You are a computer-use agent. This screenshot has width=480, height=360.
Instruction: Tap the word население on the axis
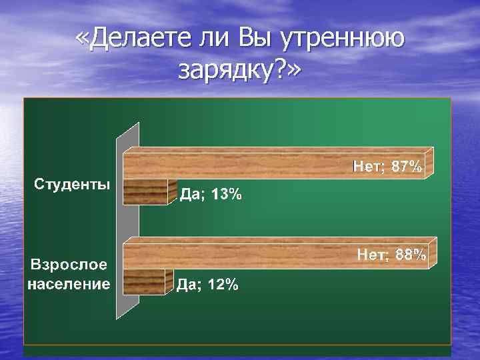coord(69,285)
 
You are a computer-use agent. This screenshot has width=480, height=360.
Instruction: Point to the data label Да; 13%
coord(211,195)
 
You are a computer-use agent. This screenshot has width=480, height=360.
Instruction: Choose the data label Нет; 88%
coord(392,254)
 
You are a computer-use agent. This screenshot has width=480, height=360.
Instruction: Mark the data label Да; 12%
coord(207,285)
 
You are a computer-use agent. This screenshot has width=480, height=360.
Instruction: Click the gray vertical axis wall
coord(127,220)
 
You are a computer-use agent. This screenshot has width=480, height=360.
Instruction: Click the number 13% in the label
coord(227,195)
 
